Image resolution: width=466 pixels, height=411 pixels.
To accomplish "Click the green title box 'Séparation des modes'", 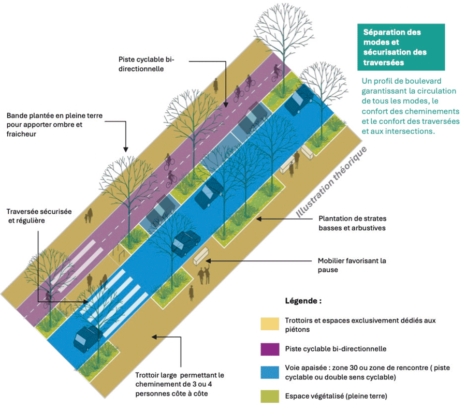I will (x=401, y=47).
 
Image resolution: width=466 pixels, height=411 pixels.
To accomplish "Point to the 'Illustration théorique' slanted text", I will (x=331, y=181).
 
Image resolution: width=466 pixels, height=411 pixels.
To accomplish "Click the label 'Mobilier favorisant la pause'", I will (x=352, y=265).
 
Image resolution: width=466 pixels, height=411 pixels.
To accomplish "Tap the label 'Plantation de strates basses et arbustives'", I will (x=352, y=223).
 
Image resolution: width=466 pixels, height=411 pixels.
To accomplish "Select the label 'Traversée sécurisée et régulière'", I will (x=39, y=216).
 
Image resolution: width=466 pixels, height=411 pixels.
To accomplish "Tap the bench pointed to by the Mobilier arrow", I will (x=200, y=258).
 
